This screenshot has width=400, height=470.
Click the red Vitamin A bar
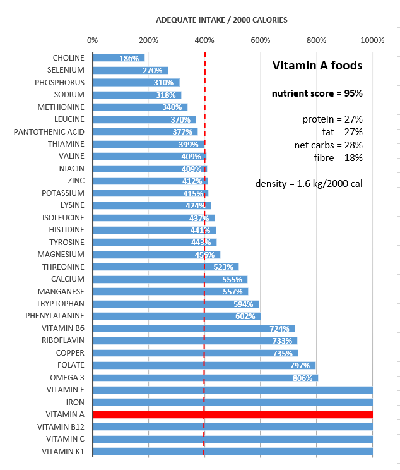(232, 414)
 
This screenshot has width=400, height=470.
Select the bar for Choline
(119, 58)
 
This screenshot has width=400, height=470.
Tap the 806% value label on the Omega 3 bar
(302, 378)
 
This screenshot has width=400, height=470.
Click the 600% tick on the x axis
(261, 40)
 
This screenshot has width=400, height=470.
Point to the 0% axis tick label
(93, 40)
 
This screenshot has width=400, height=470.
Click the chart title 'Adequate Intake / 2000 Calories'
(221, 20)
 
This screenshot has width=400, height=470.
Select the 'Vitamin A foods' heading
(317, 65)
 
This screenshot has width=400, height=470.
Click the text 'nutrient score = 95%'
(317, 93)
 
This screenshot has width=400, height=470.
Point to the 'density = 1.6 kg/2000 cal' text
(309, 184)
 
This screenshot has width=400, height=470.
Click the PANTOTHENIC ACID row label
(49, 131)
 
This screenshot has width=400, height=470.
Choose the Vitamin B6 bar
(194, 328)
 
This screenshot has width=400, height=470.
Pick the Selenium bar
(130, 70)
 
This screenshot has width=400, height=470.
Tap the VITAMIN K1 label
(63, 451)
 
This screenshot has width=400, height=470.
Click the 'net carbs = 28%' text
(329, 145)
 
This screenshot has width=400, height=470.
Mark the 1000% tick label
(373, 40)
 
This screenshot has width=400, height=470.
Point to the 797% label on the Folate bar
(300, 365)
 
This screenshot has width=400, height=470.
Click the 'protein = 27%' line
(332, 119)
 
